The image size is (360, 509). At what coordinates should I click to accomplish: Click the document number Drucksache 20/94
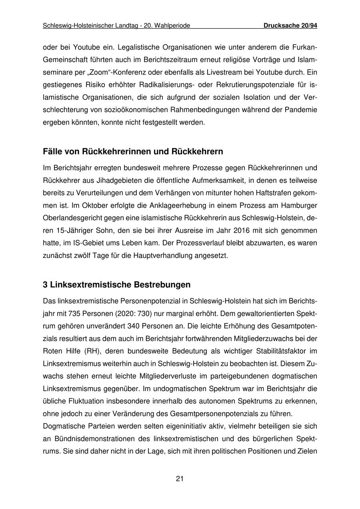[290, 26]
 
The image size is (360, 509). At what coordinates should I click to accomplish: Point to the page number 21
[180, 479]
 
